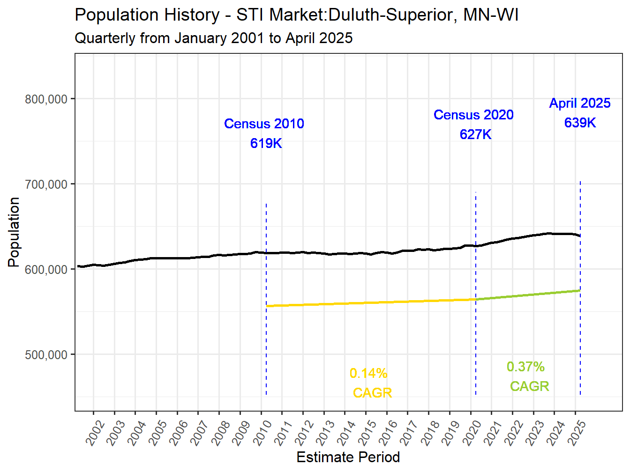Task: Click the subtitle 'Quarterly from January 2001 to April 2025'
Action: point(213,38)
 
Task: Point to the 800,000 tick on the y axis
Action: point(46,99)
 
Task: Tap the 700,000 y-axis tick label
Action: point(46,184)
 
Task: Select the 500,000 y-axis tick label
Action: point(46,355)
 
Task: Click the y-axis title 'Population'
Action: point(14,232)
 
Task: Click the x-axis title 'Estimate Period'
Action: point(348,457)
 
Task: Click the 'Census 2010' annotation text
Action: point(264,124)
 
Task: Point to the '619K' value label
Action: point(266,143)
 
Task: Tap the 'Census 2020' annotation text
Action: point(473,115)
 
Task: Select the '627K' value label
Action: point(475,134)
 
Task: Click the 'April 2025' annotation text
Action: point(580,103)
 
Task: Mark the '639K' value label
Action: point(580,123)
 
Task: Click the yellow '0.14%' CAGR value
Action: point(368,374)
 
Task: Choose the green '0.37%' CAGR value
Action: point(525,367)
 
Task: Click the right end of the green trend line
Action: point(579,291)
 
